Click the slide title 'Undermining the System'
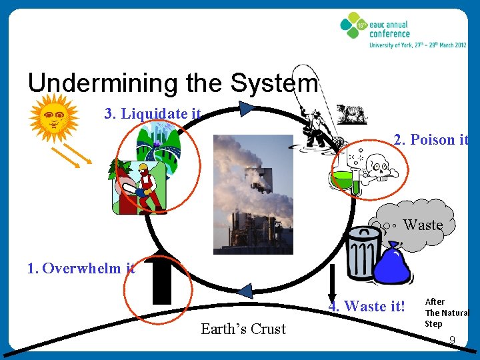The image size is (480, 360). coord(173,83)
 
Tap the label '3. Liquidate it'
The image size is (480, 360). coord(153,114)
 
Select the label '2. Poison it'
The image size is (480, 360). coord(431,140)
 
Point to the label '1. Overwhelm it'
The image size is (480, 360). coord(81,269)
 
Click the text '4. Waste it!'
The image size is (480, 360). coord(366,306)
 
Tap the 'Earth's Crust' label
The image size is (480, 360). coord(243,329)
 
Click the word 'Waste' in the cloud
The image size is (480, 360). coord(423,225)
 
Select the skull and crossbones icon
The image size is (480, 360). coord(377,164)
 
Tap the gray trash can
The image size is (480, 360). coord(363,253)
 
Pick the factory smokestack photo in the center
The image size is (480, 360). coord(253,194)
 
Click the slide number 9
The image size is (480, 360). coord(452,341)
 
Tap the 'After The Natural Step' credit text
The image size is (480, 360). coord(446,313)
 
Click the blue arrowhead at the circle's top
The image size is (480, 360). coord(247,108)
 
